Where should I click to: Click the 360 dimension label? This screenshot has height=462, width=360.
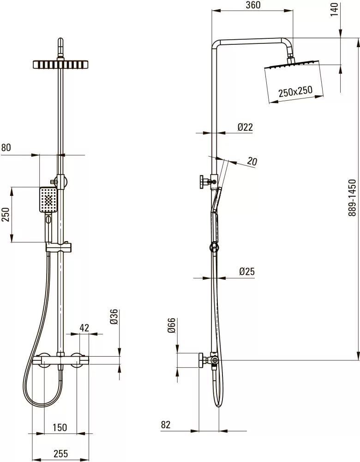click(253, 5)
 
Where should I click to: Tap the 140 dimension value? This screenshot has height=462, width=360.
click(335, 10)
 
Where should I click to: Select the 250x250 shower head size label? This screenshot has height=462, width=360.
click(295, 91)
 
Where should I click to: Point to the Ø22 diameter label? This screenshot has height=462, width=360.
click(245, 127)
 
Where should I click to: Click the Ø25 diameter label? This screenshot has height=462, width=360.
click(246, 271)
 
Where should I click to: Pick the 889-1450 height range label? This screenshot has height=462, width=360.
click(352, 198)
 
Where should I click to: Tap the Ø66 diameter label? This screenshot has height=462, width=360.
click(171, 325)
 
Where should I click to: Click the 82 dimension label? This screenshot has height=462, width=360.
click(166, 425)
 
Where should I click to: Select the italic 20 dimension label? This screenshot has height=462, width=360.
click(252, 161)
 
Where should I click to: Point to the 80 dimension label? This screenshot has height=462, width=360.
click(6, 147)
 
